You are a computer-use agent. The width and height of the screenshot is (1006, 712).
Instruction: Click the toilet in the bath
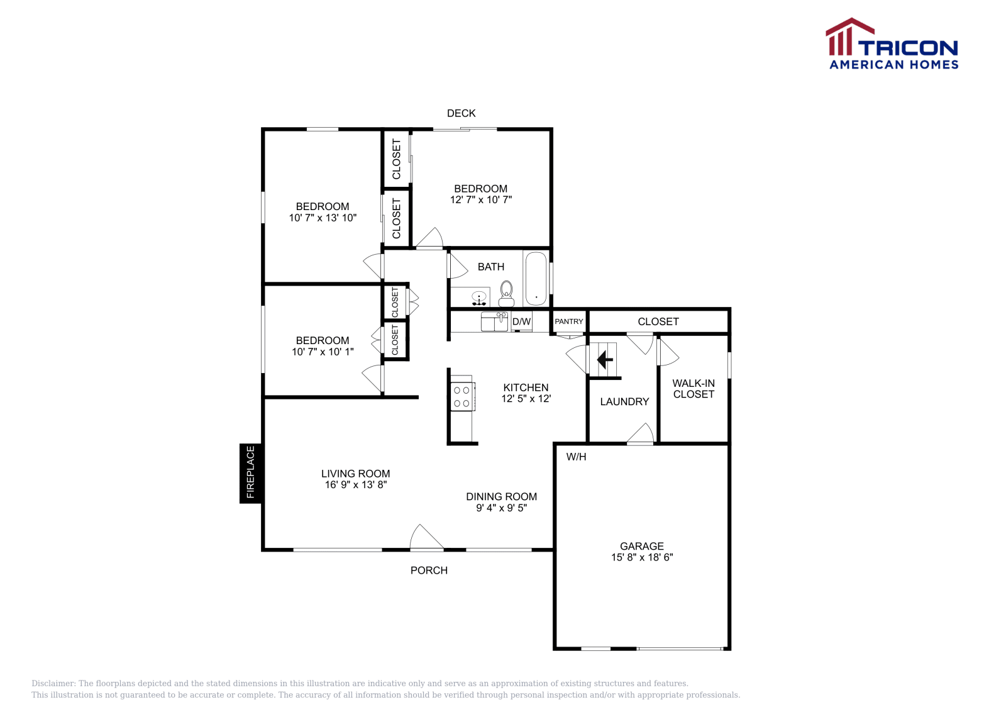506,293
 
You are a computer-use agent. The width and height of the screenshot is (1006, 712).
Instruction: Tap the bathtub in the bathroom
536,279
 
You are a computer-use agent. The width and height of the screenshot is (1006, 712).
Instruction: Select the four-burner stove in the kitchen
462,396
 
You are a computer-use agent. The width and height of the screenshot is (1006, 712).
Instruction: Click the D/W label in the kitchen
522,321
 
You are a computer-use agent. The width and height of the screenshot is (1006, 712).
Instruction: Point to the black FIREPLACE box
250,473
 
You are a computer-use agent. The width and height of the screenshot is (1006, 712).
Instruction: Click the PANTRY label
569,321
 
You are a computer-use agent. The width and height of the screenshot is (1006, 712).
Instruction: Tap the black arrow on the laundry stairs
605,360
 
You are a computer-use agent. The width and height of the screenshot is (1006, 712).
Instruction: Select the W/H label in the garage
576,457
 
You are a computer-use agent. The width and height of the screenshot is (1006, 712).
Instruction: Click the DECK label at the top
461,113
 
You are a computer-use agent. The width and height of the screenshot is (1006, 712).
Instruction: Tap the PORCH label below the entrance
429,570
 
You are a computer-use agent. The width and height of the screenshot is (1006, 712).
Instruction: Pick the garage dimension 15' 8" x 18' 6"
642,557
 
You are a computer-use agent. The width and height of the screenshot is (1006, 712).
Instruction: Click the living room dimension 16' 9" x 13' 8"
355,485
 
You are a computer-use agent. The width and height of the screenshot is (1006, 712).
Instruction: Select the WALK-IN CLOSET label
694,389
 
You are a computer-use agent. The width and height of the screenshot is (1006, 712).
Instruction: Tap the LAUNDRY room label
624,401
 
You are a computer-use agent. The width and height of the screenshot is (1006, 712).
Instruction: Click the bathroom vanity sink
479,297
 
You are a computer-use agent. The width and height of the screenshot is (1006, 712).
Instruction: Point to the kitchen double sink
494,321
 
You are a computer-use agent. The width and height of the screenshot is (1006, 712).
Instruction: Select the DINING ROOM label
501,496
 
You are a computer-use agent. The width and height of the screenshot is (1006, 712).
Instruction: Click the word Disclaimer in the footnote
53,683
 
